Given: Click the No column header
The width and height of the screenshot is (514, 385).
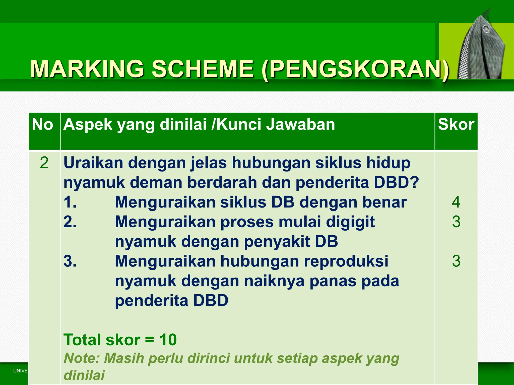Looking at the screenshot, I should tap(42, 125).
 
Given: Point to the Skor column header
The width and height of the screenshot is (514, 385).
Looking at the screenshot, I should tap(456, 125).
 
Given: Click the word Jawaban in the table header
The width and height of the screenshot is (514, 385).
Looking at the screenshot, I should tap(300, 125).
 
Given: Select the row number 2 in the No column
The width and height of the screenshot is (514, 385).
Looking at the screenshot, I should tap(44, 163).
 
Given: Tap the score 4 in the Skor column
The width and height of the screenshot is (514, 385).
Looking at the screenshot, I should tap(456, 202).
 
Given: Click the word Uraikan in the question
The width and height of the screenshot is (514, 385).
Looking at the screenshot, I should tap(93, 163).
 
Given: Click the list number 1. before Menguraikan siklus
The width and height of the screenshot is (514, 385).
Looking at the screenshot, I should tap(70, 202).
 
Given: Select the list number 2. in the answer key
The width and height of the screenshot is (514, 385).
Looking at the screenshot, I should tap(70, 222).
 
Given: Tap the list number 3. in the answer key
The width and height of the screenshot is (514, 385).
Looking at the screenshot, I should tap(70, 261).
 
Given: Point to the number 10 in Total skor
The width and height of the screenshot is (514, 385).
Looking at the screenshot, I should tap(168, 340).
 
